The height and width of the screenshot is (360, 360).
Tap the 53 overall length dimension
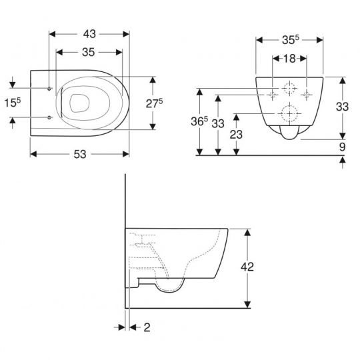80,154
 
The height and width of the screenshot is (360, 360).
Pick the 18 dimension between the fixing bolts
289,59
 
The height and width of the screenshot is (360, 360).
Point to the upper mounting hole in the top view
51,88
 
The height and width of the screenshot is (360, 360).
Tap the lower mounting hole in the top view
51,118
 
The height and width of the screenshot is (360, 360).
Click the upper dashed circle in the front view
290,87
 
